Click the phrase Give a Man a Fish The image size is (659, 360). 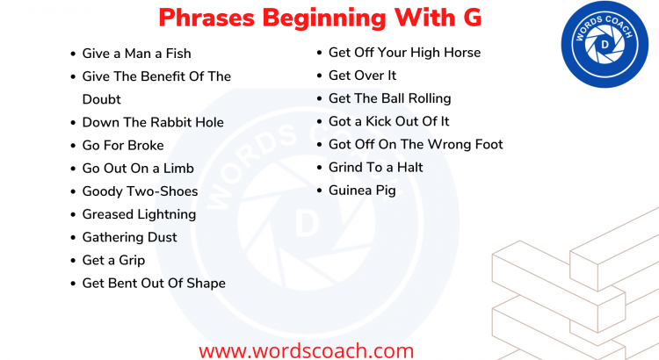[136, 54]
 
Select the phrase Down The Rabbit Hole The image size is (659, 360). [153, 122]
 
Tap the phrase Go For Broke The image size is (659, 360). [123, 145]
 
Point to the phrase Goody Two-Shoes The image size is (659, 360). [140, 191]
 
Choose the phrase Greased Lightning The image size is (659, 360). [139, 214]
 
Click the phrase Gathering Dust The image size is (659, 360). [129, 237]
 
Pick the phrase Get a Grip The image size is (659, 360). [113, 260]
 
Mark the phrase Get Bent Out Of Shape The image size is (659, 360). [154, 283]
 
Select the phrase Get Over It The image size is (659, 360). [362, 76]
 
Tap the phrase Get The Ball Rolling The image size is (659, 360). [389, 98]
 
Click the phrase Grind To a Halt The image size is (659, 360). [375, 167]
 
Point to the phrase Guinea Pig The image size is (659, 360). [362, 190]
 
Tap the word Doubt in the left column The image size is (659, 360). [101, 99]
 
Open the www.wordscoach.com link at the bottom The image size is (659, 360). [306, 349]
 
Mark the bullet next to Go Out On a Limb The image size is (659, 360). [73, 169]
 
